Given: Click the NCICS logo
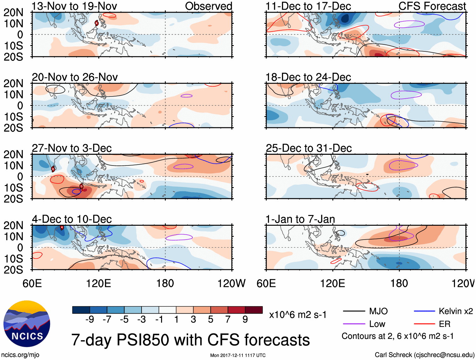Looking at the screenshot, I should pos(27,324).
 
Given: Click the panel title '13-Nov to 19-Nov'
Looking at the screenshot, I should pos(74,6).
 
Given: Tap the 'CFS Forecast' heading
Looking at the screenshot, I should pos(432,6).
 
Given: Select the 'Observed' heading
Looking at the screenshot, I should pos(208,6).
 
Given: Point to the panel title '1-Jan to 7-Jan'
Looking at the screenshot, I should pos(300,219).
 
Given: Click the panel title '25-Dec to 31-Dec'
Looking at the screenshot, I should pos(309,148).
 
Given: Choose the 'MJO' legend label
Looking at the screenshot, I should pos(378,311).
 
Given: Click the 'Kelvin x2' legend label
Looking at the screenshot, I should pos(456,311).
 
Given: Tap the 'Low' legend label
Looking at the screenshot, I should pos(377,324).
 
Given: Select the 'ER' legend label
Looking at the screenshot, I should pos(444,324).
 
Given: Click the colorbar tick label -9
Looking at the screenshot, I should pos(90,320).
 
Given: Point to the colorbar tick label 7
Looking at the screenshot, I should pos(228,320).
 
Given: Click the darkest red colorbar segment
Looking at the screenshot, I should pos(254,310).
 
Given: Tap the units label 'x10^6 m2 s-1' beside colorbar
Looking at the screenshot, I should pos(298,315).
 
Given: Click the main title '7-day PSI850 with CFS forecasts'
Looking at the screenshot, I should pos(190,340).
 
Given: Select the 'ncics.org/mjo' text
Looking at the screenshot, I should pos(20,355).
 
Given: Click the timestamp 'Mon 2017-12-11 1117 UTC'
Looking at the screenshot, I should pos(238,355).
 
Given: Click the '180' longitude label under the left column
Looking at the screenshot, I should pos(165,283).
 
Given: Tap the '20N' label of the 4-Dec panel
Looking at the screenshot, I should pos(13,225).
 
